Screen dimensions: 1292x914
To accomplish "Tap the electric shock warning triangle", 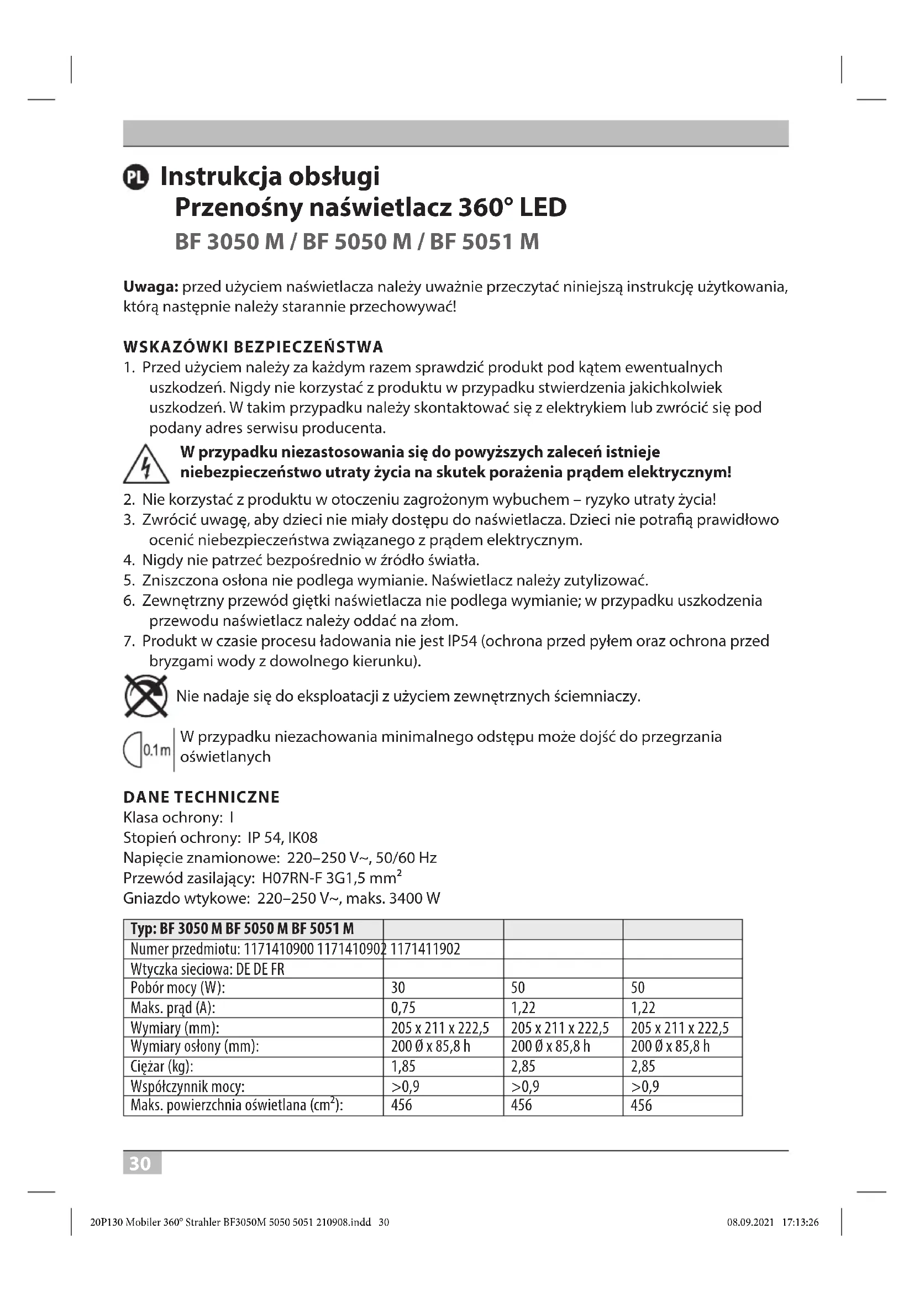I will point(146,465).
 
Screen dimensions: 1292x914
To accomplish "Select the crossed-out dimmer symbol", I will point(146,696).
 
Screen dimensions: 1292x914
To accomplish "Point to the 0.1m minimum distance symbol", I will point(148,750).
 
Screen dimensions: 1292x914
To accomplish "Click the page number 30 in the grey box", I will point(141,1163).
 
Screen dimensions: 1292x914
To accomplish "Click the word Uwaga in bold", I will point(150,287).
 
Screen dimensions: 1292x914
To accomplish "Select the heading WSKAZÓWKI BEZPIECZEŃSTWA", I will point(253,347).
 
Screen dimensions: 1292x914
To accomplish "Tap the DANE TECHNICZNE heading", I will point(201,797).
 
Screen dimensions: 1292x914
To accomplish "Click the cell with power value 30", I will point(398,988).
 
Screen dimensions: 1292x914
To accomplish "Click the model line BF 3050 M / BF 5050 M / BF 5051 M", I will point(356,242).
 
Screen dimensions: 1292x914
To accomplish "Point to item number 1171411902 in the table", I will point(425,950).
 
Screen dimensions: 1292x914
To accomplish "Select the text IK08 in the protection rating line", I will point(303,838).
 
